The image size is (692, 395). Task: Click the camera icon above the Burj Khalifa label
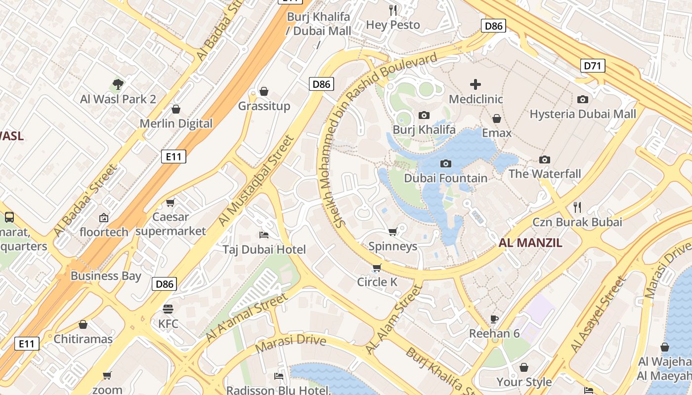424,115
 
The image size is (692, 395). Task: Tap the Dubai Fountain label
445,178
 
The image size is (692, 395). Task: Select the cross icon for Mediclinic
475,84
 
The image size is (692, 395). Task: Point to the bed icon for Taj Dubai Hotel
264,235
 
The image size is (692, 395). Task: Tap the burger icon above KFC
168,309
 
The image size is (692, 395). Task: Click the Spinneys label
393,246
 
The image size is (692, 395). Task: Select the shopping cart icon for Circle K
377,268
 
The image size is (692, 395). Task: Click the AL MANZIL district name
530,242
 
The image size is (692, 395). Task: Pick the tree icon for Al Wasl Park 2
118,84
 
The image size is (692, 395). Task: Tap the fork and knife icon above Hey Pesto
393,10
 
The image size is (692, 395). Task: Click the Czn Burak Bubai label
577,222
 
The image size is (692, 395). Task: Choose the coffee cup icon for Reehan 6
494,319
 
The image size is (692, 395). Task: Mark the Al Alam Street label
393,318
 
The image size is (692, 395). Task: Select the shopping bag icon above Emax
497,118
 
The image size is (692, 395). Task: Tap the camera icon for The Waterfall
545,159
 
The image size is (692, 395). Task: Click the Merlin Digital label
176,123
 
